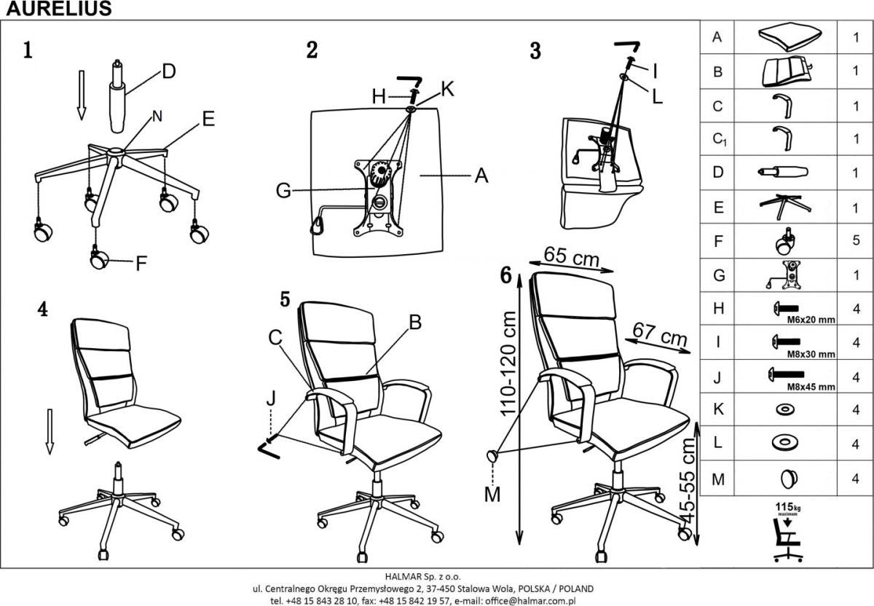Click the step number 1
coord(28,51)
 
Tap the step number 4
coord(43,310)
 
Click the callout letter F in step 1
coord(141,263)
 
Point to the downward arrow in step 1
coord(82,95)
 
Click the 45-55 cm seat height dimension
coord(687,481)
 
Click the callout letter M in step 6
coord(493,495)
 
